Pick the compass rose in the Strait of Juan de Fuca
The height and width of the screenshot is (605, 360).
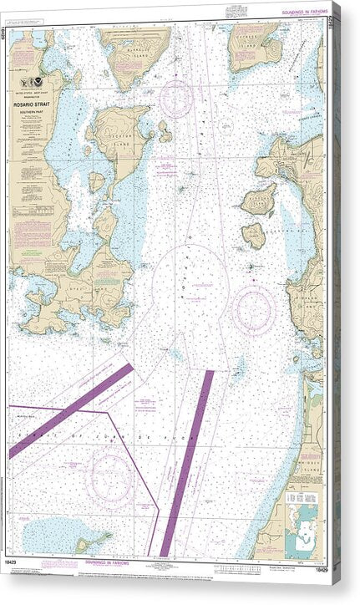tap(109, 477)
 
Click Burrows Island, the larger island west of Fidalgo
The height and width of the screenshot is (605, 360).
tap(258, 200)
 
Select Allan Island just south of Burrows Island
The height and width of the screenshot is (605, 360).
tap(254, 235)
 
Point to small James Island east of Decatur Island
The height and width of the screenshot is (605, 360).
tap(165, 131)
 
